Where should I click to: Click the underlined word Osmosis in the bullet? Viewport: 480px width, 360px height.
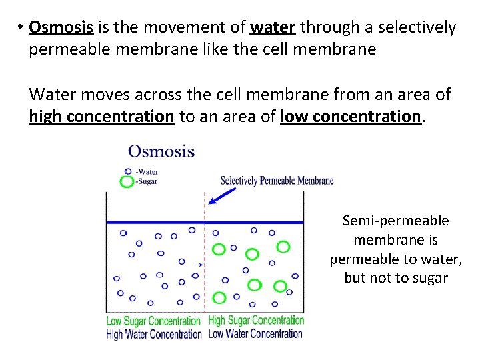(62, 27)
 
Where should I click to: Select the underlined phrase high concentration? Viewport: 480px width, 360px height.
(101, 117)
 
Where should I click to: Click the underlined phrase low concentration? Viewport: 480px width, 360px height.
(351, 117)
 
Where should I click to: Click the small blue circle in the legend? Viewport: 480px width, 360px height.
(128, 171)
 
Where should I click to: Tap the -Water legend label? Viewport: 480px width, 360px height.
(147, 171)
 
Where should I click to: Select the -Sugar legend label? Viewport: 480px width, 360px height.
(147, 181)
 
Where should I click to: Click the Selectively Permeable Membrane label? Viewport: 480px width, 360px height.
(277, 181)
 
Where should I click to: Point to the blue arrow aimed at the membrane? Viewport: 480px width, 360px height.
(222, 195)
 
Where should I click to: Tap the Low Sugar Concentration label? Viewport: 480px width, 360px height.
(153, 321)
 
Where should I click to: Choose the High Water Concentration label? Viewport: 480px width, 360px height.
(153, 334)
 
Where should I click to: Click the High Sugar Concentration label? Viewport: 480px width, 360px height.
(256, 321)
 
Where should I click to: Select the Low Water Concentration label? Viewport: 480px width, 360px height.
(255, 333)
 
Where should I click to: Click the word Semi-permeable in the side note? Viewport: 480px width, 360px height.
(395, 221)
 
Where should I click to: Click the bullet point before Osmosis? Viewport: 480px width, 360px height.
(21, 28)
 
